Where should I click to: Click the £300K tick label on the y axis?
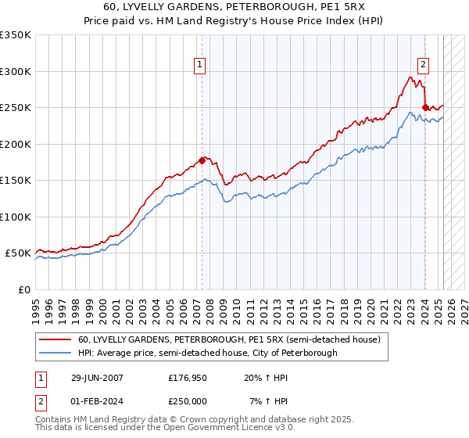(x=16, y=71)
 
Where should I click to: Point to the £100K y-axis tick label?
(x=16, y=217)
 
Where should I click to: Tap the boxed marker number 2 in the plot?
(x=423, y=66)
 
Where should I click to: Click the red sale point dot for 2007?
(x=202, y=161)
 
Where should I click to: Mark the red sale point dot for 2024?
(x=424, y=107)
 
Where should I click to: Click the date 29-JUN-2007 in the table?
(x=95, y=377)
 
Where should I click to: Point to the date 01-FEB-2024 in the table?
(x=95, y=400)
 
